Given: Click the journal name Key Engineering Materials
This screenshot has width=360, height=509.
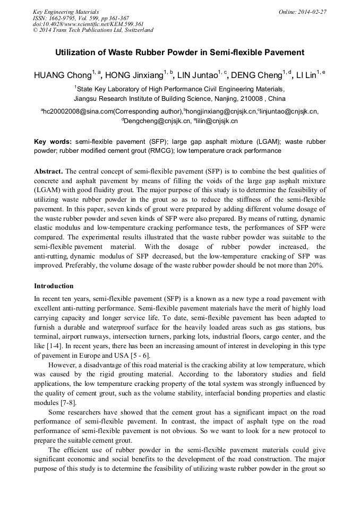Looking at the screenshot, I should pyautogui.click(x=66, y=11).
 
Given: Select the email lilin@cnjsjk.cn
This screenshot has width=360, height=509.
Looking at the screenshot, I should pyautogui.click(x=217, y=121).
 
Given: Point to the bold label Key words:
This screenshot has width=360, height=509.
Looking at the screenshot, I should pyautogui.click(x=53, y=142).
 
